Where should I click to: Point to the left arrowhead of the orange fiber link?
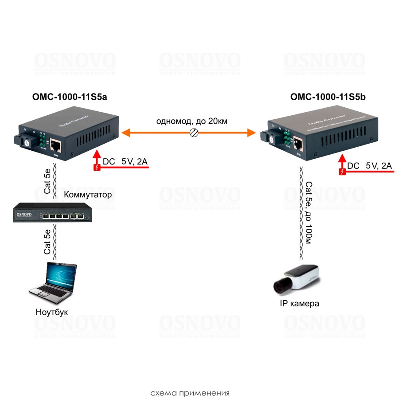(x=126, y=132)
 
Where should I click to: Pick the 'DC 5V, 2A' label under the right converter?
(x=370, y=166)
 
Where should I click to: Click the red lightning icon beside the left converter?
(x=97, y=167)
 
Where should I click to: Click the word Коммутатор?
(x=88, y=195)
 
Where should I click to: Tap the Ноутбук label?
(x=52, y=312)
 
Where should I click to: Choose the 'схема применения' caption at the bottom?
(x=190, y=393)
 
